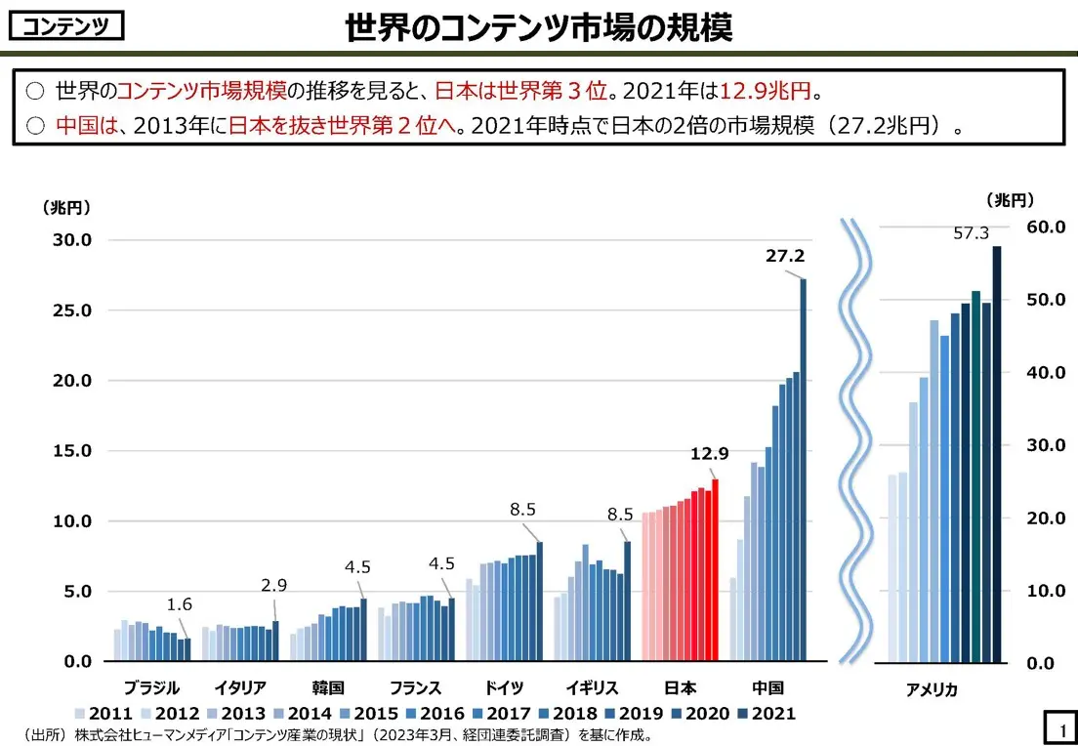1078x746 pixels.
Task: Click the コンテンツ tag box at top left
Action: tap(66, 26)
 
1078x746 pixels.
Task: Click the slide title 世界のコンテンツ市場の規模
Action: tap(538, 27)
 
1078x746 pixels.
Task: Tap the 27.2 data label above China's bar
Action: tap(784, 256)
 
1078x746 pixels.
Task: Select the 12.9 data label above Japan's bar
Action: tap(709, 453)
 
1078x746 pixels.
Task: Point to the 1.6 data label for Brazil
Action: tap(179, 604)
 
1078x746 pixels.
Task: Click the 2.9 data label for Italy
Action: tap(273, 585)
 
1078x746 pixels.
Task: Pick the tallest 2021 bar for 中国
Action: tap(804, 469)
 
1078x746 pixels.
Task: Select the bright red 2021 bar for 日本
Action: tap(715, 570)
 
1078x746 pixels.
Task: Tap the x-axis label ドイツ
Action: tap(504, 687)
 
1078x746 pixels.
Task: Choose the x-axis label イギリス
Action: tap(592, 687)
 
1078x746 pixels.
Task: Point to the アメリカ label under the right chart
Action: tap(932, 689)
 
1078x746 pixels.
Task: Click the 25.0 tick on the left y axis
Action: tap(70, 311)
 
